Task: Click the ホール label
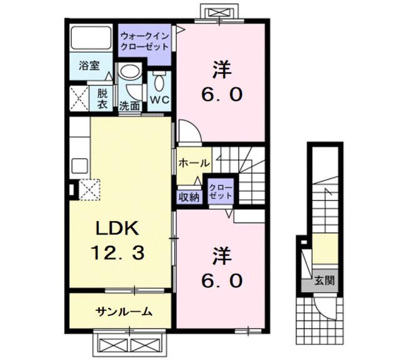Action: click(x=194, y=163)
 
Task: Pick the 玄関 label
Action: click(x=324, y=281)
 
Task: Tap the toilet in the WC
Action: click(x=158, y=81)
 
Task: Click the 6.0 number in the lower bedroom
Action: click(x=221, y=281)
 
